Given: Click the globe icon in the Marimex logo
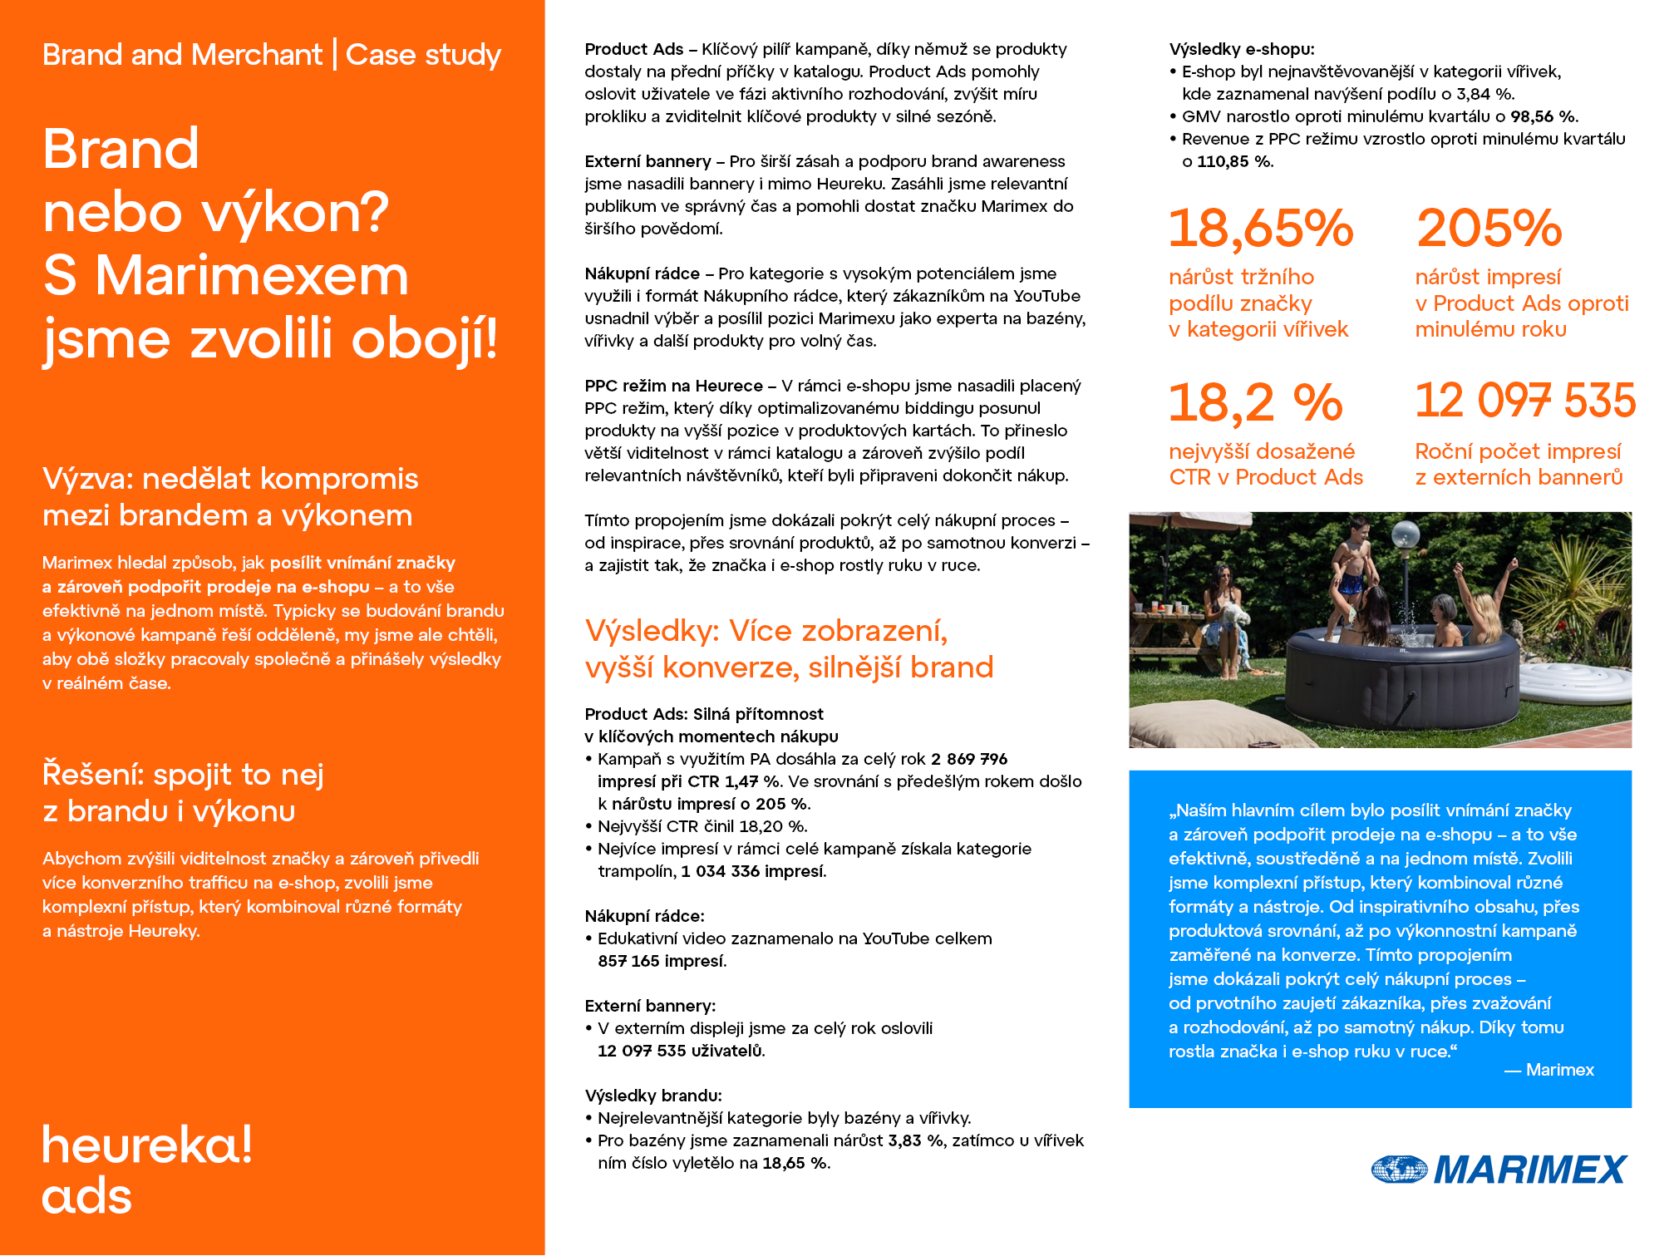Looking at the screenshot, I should coord(1399,1170).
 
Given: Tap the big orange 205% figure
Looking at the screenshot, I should coord(1489,229).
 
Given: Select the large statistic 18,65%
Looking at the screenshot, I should coord(1260,229).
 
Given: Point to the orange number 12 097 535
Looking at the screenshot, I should coord(1524,401).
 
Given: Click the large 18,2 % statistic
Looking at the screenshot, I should coord(1255,403).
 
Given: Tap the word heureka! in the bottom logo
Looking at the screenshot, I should coord(146,1145).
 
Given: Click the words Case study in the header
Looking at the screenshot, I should coord(423,55).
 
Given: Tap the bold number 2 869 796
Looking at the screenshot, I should coord(968,759).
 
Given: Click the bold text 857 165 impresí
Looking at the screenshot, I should coord(662,961).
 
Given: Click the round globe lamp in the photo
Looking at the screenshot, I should coord(1405,534).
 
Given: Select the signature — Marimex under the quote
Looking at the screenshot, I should coord(1548,1070).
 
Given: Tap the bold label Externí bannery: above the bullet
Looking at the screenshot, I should coord(649,1006).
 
